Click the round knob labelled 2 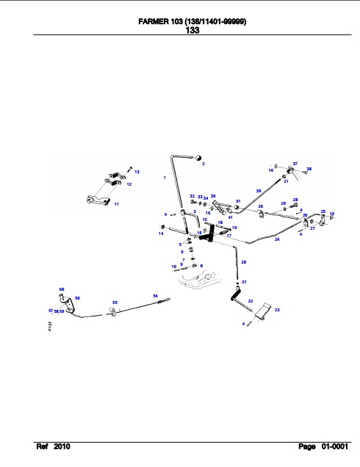[x=198, y=158]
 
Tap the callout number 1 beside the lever [x=165, y=178]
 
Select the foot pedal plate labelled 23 [x=263, y=311]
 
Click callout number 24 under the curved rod [x=277, y=239]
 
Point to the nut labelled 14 [x=162, y=227]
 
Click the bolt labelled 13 [x=129, y=169]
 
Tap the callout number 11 [x=117, y=204]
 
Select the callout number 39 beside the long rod [x=259, y=191]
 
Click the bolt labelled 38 [x=304, y=172]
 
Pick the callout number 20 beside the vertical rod [x=244, y=262]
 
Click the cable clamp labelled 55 [x=113, y=312]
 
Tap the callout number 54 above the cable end [x=156, y=296]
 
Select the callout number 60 [x=62, y=289]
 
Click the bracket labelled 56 [x=69, y=305]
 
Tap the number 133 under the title [x=192, y=30]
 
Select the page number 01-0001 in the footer [x=334, y=446]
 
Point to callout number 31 [x=238, y=201]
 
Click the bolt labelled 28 [x=295, y=206]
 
